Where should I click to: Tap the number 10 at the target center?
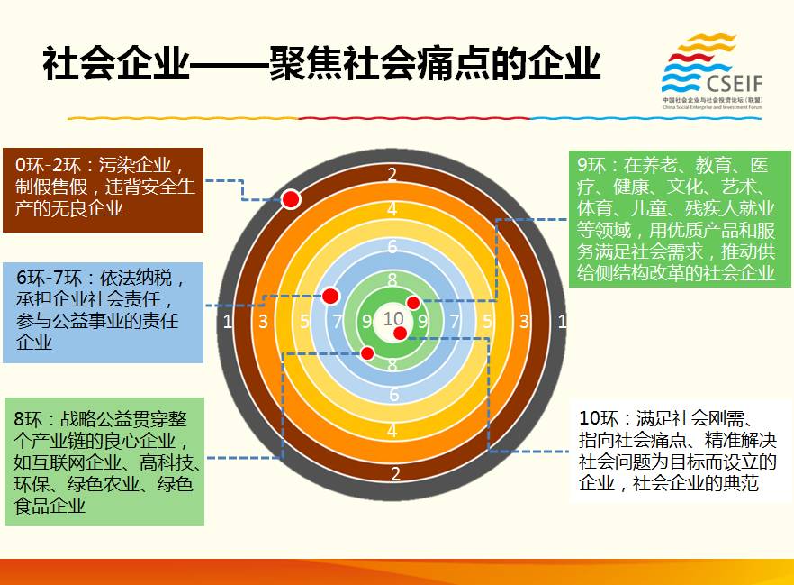coord(393,319)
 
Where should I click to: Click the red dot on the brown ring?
coord(291,198)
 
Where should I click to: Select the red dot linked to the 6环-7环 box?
coord(330,296)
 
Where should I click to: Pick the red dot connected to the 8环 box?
coord(367,353)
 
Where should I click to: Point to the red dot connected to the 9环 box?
coord(413,303)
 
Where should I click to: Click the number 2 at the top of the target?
coord(392,174)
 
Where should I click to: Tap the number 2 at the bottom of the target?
coord(395,473)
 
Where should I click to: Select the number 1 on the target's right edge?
coord(562,321)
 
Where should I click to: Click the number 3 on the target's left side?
coord(263,321)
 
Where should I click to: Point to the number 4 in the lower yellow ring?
coord(392,430)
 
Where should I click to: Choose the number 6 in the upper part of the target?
coord(392,246)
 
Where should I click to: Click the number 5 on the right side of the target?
coord(487,321)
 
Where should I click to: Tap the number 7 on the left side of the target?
coord(338,321)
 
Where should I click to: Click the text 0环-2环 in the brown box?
coord(48,165)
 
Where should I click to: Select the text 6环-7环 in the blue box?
coord(49,278)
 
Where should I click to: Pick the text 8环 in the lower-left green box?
coord(29,419)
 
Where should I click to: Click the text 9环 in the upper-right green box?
coord(591,165)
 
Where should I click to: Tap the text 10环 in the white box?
coord(599,418)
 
